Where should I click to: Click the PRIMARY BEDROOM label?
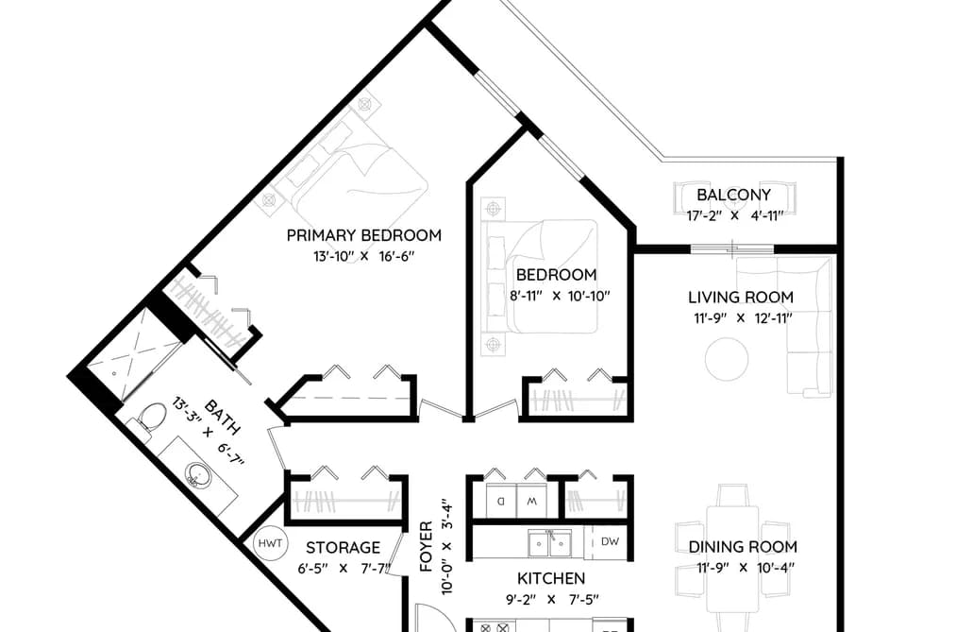point(364,235)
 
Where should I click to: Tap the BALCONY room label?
point(733,196)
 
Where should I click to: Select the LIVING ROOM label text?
point(741,297)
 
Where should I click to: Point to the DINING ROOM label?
point(743,547)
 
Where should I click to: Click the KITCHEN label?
point(551,578)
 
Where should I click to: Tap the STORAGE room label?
point(343,547)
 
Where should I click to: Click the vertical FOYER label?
point(427,546)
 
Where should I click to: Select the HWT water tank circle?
point(270,543)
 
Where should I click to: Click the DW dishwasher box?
point(610,541)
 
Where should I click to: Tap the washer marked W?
point(531,502)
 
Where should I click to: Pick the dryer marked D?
point(501,502)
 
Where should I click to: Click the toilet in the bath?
point(149,419)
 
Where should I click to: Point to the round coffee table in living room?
point(727,359)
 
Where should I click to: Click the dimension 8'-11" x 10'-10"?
point(560,297)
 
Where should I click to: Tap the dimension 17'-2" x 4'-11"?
point(734,215)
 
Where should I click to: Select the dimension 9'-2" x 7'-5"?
point(552,600)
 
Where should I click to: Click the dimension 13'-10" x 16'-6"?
point(364,256)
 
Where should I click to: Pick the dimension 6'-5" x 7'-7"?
point(344,569)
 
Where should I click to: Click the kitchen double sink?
point(549,543)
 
